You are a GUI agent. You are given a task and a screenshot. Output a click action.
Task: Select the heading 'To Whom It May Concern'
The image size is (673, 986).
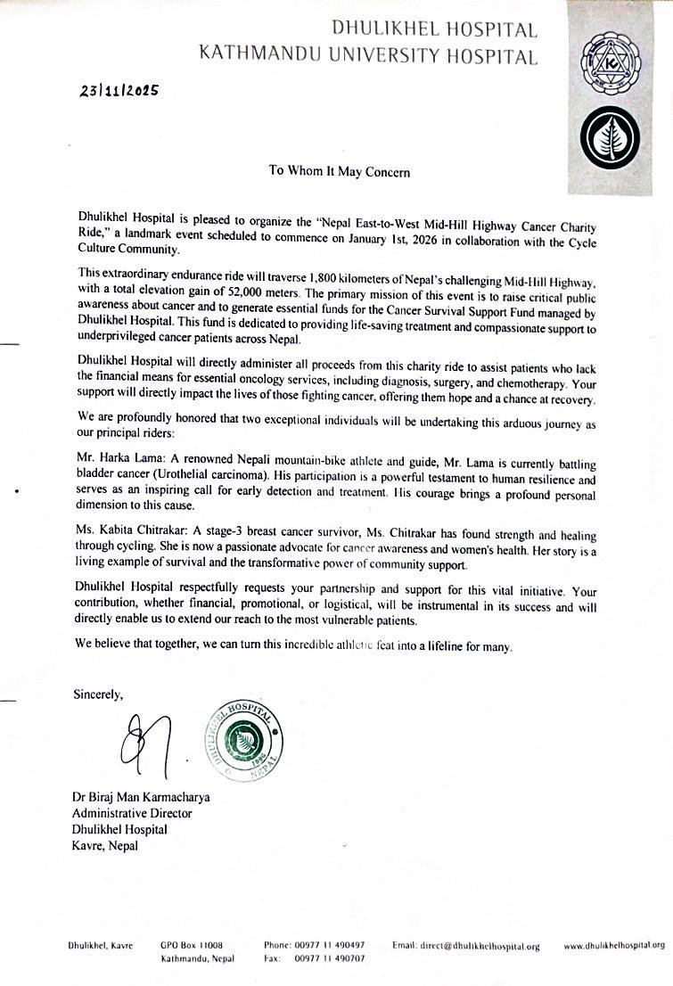click(341, 170)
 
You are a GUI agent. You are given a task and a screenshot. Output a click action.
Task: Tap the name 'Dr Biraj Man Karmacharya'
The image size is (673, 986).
click(142, 797)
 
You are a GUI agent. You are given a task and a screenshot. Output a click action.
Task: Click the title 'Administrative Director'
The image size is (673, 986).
click(132, 813)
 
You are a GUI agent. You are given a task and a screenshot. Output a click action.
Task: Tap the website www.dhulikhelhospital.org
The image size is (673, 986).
click(614, 945)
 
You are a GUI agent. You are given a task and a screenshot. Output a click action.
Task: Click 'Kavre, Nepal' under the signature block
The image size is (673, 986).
click(104, 845)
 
